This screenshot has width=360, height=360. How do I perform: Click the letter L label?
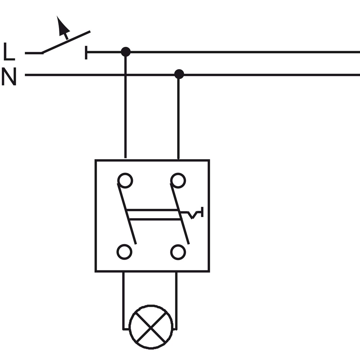pos(9,51)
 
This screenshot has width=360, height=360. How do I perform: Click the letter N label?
pos(9,76)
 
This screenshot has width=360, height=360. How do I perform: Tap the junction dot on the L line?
pos(126,51)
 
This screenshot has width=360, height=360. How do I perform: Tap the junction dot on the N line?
pos(179,74)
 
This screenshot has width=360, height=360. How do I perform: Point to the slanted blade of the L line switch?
pos(66,42)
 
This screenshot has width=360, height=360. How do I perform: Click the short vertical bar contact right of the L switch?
pos(86,53)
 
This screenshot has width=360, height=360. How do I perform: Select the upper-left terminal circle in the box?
pos(125,180)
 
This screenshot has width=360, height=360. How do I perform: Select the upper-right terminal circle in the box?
pos(178,180)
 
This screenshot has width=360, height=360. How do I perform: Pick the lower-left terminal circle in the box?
pos(125,252)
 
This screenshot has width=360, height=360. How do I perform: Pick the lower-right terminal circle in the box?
pos(178,252)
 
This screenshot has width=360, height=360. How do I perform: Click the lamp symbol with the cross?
pos(151,327)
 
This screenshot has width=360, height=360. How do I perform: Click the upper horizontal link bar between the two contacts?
pos(152,210)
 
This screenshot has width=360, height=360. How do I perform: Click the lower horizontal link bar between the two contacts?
pos(155,220)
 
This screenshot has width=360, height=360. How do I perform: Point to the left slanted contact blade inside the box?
pos(127,214)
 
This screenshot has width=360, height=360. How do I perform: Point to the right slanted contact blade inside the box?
pos(180,214)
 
